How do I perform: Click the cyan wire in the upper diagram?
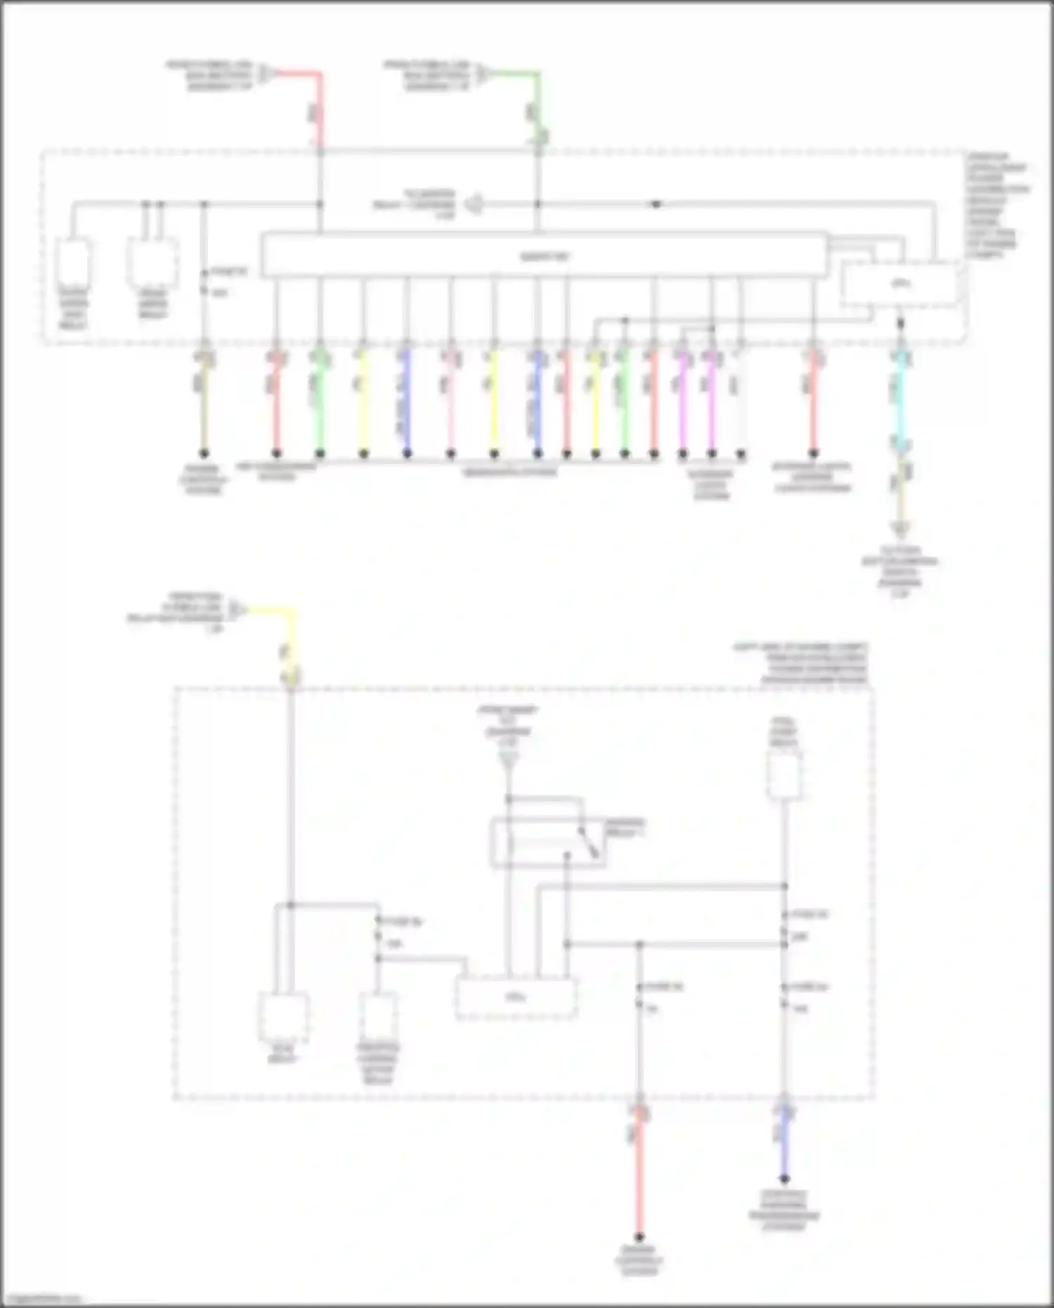901,401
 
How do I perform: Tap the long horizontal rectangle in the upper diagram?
545,255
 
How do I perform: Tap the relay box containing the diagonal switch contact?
548,842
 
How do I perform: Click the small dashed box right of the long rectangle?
900,284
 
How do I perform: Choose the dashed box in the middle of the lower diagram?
516,998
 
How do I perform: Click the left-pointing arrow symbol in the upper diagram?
474,205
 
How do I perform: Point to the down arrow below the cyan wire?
901,529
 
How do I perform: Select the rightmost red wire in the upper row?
813,408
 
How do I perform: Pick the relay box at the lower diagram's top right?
784,775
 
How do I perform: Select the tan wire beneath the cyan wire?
901,496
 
